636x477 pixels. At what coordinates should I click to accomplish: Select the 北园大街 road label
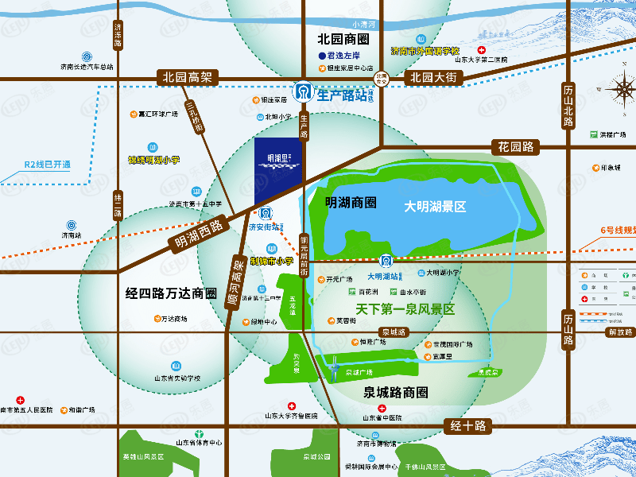pyautogui.click(x=432, y=78)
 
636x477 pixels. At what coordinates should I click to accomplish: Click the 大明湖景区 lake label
pyautogui.click(x=434, y=206)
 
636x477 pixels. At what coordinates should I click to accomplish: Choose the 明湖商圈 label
pyautogui.click(x=351, y=202)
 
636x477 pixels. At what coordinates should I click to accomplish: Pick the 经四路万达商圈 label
pyautogui.click(x=171, y=293)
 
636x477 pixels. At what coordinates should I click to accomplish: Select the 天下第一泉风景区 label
pyautogui.click(x=394, y=309)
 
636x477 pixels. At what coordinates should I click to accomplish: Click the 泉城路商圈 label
pyautogui.click(x=395, y=392)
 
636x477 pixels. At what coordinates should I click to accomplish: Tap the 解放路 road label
pyautogui.click(x=619, y=332)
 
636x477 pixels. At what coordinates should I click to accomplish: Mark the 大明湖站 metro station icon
pyautogui.click(x=385, y=261)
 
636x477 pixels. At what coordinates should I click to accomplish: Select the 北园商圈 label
pyautogui.click(x=343, y=38)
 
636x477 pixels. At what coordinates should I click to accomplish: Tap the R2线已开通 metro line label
pyautogui.click(x=47, y=165)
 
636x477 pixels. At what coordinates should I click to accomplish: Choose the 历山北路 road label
pyautogui.click(x=568, y=105)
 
